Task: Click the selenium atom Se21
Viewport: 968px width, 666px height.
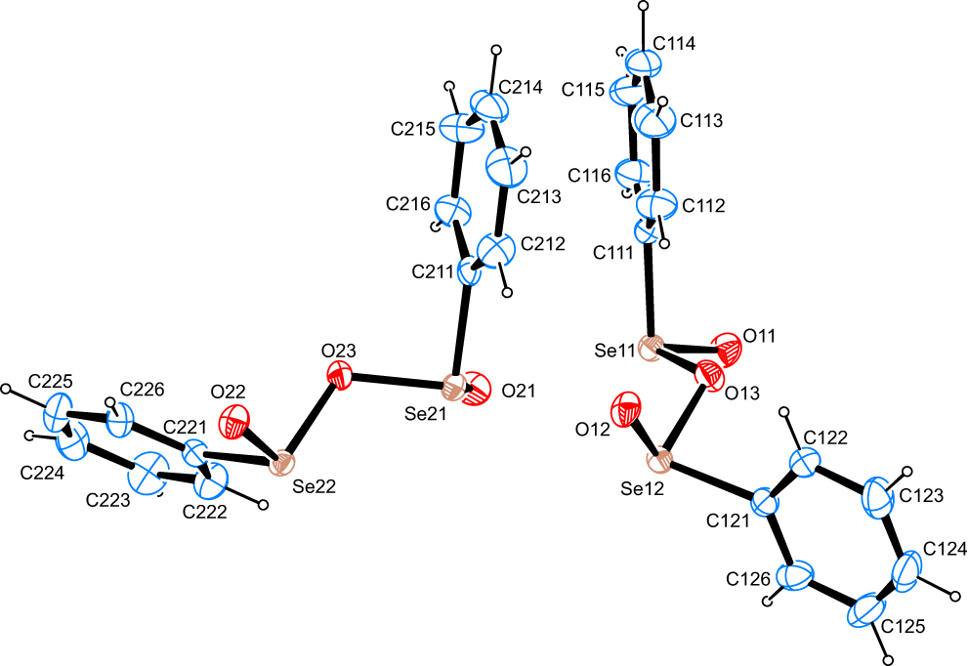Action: pyautogui.click(x=455, y=388)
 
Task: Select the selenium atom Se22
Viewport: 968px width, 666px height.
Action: pyautogui.click(x=282, y=463)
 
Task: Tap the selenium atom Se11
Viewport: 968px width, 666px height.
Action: pyautogui.click(x=651, y=348)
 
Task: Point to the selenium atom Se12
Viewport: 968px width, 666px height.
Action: pyautogui.click(x=660, y=461)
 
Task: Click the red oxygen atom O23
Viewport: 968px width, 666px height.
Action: pyautogui.click(x=339, y=375)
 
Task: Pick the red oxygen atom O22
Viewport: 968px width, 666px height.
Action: pyautogui.click(x=235, y=422)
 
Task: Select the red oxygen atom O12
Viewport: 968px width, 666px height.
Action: pyautogui.click(x=626, y=408)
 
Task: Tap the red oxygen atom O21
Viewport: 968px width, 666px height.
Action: pyautogui.click(x=477, y=390)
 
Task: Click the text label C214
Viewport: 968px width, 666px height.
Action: pyautogui.click(x=521, y=88)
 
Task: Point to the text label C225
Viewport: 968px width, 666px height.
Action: pyautogui.click(x=51, y=381)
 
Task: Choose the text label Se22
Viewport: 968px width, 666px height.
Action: pyautogui.click(x=315, y=486)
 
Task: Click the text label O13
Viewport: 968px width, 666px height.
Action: pyautogui.click(x=742, y=394)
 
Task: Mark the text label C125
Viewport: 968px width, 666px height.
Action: pyautogui.click(x=904, y=627)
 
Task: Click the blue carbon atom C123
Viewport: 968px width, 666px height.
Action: pyautogui.click(x=878, y=497)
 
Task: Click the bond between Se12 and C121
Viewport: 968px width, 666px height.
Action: pyautogui.click(x=712, y=482)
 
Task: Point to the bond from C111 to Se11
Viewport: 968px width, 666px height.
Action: pyautogui.click(x=649, y=290)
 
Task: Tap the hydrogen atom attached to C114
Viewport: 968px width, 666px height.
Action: pyautogui.click(x=644, y=6)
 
